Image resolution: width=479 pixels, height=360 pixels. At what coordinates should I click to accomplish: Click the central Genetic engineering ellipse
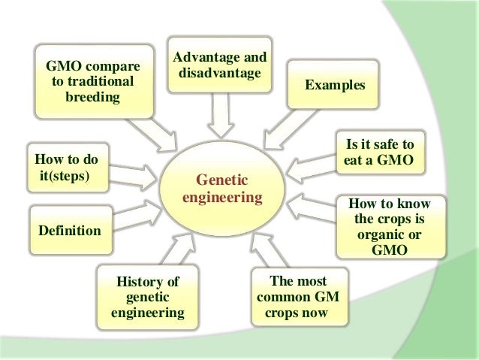click(x=223, y=188)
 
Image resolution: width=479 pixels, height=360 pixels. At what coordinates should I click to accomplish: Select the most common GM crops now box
click(x=297, y=297)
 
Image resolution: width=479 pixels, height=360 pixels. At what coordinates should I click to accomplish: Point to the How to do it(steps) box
click(x=67, y=166)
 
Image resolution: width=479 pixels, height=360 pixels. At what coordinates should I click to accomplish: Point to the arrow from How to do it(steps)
click(x=134, y=174)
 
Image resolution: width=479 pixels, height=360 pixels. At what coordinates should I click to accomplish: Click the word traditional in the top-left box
click(x=92, y=81)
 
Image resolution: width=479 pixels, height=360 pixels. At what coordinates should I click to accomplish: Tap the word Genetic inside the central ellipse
click(x=222, y=180)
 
